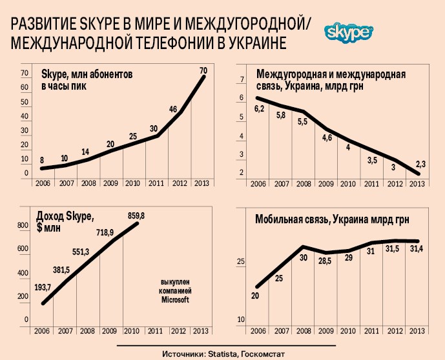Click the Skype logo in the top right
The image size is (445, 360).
349,32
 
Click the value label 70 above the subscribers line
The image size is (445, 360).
203,70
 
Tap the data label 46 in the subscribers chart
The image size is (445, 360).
173,109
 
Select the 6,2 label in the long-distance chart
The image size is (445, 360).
260,108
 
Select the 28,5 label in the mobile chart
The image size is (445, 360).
327,263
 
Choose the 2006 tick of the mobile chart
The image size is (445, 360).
258,330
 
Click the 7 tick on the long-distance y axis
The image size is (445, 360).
241,80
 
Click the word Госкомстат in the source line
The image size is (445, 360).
262,354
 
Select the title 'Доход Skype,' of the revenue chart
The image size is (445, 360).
65,215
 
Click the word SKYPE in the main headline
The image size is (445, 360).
96,25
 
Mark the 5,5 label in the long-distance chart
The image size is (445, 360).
303,121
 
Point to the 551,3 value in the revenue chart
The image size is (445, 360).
81,234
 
